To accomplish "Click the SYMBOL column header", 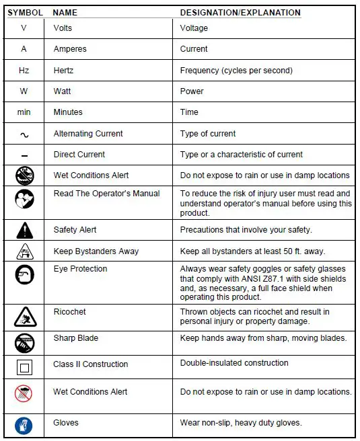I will tap(26, 13).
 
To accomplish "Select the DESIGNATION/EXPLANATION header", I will tap(240, 13).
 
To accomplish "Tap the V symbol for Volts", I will tap(24, 28).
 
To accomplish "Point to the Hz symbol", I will tap(24, 71).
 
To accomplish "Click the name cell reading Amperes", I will tap(70, 49).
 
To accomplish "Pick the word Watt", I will tap(63, 91).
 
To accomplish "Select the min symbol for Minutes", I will tap(24, 112).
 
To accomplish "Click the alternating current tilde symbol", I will tap(24, 134).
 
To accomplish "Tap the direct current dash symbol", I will tap(24, 155).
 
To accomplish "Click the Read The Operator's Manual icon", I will tap(24, 200).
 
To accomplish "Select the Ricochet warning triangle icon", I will tap(24, 315).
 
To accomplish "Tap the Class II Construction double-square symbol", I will tap(24, 367).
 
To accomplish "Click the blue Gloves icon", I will tap(24, 426).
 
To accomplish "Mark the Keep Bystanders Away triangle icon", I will tap(24, 252).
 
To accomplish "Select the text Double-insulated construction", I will tap(234, 363).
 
